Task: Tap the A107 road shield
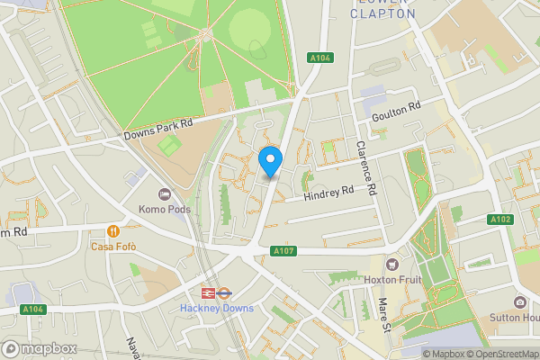[283, 251]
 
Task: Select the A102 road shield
[501, 220]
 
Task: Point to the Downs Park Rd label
[158, 129]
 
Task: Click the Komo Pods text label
[162, 209]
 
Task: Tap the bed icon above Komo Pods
[164, 194]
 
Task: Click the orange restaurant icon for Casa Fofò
[113, 230]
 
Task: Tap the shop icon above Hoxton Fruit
[392, 265]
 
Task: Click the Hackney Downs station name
[217, 308]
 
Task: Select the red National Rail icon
[207, 292]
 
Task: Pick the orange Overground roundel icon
[226, 292]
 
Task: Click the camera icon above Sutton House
[519, 302]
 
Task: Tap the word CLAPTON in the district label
[382, 13]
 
